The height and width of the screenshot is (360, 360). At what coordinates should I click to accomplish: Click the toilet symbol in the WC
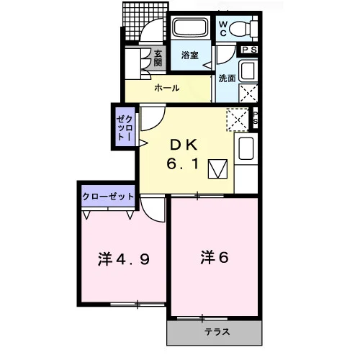tap(243, 29)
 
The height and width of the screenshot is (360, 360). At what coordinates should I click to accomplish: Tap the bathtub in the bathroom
tap(191, 27)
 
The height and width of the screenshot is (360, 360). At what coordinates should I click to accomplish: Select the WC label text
tap(223, 28)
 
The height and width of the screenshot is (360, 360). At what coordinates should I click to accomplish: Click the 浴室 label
tap(190, 55)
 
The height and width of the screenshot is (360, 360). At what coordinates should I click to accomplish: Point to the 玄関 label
tap(158, 58)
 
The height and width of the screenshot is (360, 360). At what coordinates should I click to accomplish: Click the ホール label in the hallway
tap(167, 88)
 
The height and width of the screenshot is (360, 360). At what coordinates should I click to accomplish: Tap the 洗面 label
tap(227, 78)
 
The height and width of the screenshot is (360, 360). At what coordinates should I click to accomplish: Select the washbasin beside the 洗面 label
tap(248, 71)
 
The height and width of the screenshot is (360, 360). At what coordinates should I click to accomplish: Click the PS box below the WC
tap(249, 50)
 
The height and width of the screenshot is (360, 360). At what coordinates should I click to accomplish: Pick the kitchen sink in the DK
tap(246, 148)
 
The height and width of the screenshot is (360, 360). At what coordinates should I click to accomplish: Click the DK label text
tap(184, 145)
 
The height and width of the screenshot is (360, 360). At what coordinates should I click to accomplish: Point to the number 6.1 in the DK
tap(183, 164)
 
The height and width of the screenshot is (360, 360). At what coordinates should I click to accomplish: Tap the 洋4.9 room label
tap(124, 259)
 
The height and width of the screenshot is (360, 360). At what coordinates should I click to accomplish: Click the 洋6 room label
tap(215, 257)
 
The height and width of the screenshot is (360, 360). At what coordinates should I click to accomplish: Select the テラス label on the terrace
tap(217, 332)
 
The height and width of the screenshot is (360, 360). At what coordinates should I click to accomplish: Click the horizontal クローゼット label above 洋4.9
tap(108, 197)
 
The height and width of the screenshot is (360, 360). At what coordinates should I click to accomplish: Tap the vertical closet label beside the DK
tap(125, 127)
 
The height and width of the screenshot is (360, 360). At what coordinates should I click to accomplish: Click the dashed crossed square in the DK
tap(238, 120)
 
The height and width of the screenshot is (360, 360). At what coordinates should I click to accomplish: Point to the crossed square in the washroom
tap(248, 93)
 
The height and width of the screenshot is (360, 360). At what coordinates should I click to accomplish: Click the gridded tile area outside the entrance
tap(145, 22)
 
